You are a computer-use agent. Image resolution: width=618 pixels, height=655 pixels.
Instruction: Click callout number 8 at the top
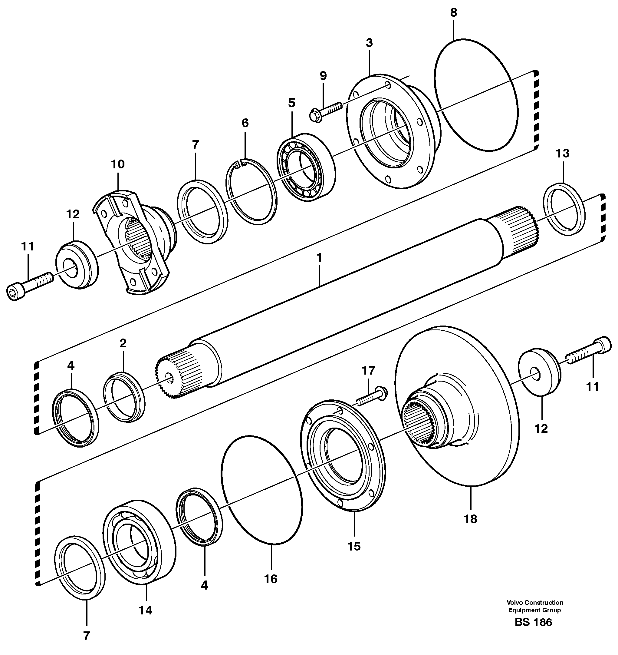(453, 12)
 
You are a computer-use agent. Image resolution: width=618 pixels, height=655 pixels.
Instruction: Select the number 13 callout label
(563, 154)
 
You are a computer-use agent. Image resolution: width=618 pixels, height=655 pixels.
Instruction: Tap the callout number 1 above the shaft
(319, 257)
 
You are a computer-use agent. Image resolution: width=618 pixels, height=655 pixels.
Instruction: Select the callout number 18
(470, 519)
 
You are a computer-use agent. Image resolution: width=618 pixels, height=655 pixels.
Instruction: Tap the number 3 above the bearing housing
(369, 43)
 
